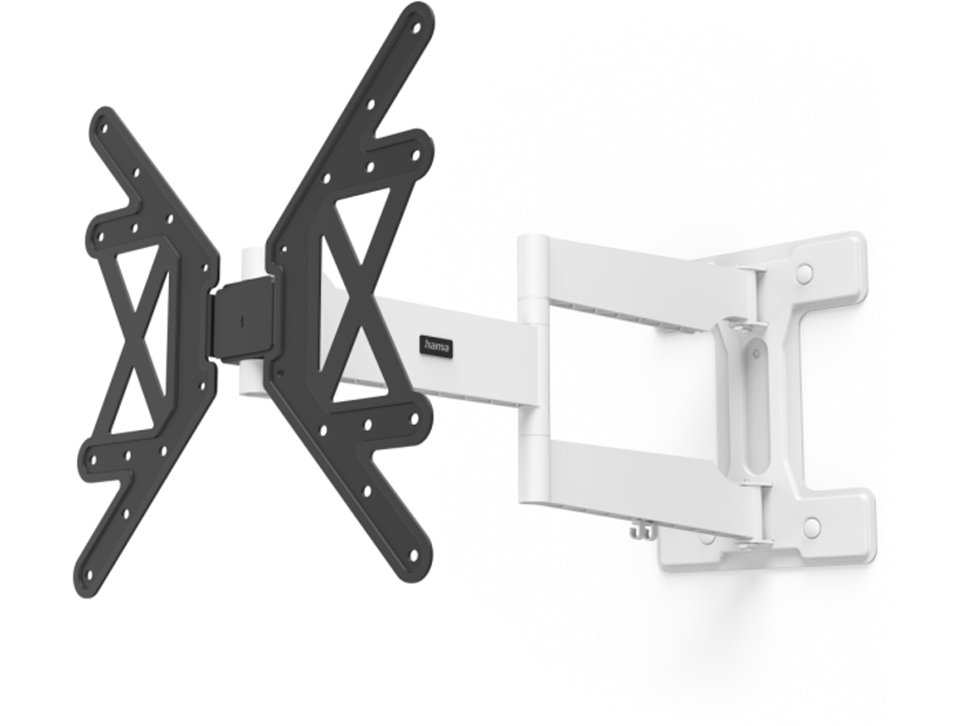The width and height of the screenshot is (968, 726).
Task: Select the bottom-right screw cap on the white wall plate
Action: tap(811, 524)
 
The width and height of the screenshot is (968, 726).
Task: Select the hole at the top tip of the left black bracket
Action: tap(105, 129)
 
